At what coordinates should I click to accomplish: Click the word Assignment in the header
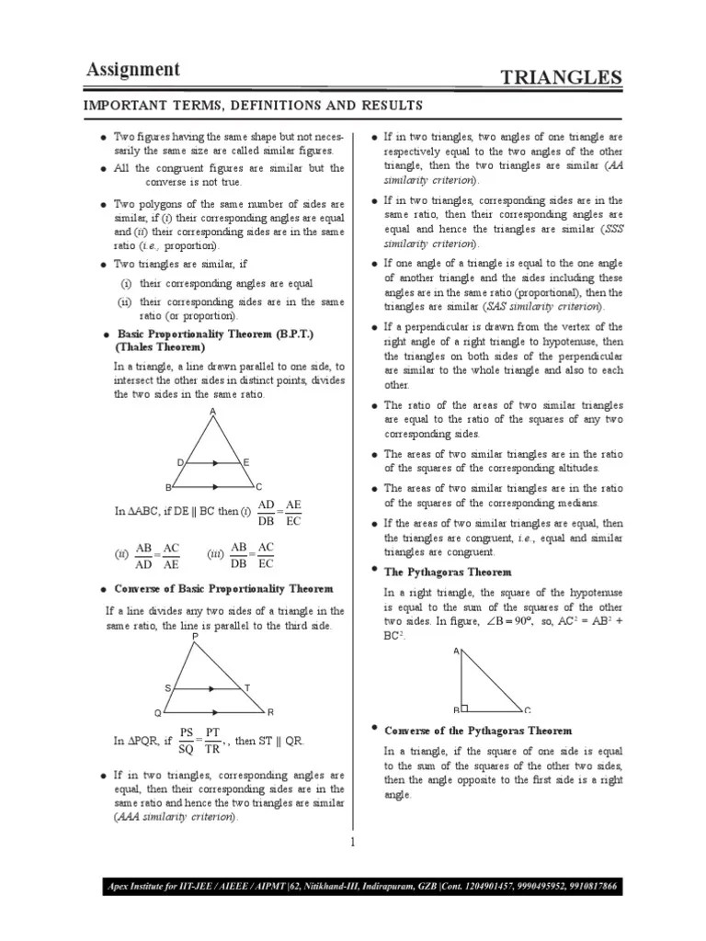133,70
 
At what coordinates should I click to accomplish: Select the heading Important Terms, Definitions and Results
255,106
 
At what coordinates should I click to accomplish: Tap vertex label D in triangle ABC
180,462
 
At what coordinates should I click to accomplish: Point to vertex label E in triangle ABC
246,462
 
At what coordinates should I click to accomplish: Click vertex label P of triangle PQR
195,637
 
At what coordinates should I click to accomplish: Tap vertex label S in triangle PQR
167,687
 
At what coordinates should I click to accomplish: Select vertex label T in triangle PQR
246,687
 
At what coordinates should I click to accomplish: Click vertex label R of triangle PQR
270,712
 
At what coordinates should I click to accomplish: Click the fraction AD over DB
267,514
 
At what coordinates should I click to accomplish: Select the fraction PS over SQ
187,741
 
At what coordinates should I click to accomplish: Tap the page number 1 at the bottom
352,842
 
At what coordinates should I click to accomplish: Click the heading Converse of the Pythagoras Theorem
477,731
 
